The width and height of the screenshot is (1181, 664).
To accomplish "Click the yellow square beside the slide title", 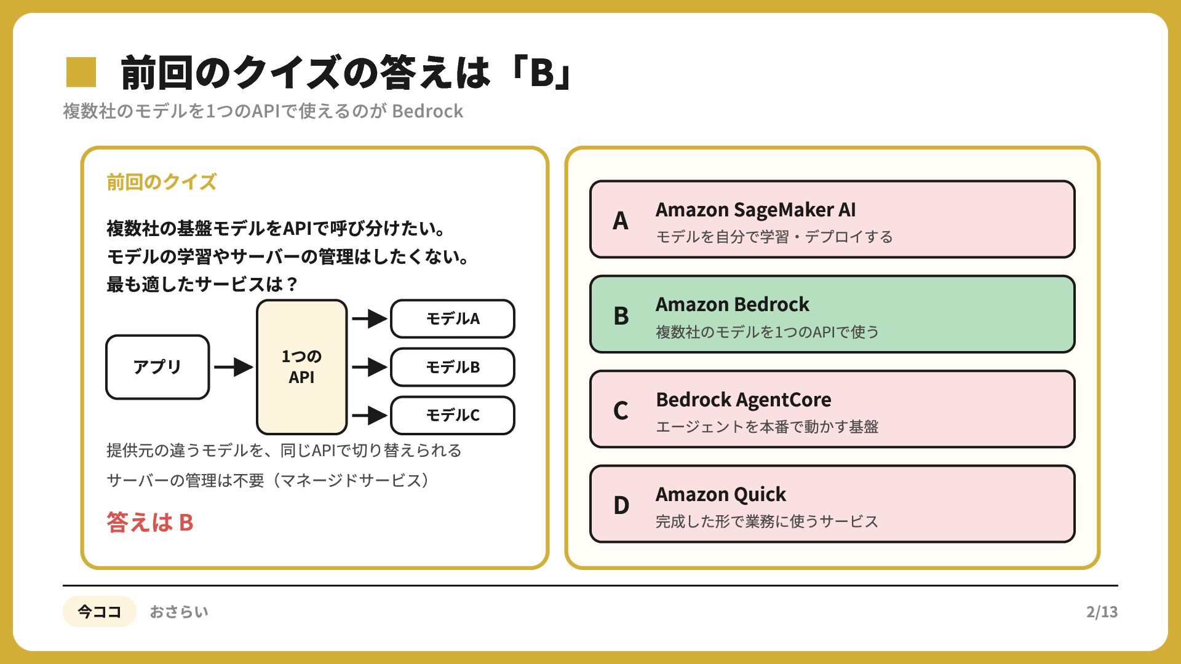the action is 81,72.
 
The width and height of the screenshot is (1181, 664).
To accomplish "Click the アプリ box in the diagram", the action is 157,367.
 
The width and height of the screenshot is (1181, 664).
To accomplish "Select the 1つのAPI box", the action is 302,367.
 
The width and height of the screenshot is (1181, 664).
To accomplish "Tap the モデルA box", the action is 453,318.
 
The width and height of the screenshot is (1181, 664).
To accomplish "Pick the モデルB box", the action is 453,367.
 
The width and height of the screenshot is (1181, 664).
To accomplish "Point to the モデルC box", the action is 453,416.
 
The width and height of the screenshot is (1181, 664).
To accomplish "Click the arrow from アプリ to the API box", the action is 234,367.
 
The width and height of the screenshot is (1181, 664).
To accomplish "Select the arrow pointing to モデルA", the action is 370,318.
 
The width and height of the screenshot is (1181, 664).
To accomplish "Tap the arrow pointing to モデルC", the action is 370,416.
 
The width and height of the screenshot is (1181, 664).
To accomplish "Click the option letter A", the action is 621,220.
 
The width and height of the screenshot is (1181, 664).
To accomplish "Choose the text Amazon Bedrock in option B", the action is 732,304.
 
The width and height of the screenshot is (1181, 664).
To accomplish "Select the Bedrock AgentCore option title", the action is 744,400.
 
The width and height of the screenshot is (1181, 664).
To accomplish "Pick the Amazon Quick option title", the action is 721,494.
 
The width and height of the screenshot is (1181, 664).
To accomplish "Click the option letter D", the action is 621,505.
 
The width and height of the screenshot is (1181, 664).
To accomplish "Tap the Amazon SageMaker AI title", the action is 755,210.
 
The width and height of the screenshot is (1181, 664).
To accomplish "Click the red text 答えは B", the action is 150,522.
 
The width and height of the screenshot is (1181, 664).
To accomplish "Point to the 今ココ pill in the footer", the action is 99,611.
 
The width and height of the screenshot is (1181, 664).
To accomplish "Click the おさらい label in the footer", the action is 179,612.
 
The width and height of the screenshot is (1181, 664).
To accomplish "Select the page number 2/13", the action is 1102,612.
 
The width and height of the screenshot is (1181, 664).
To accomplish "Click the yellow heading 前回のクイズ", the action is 161,182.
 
